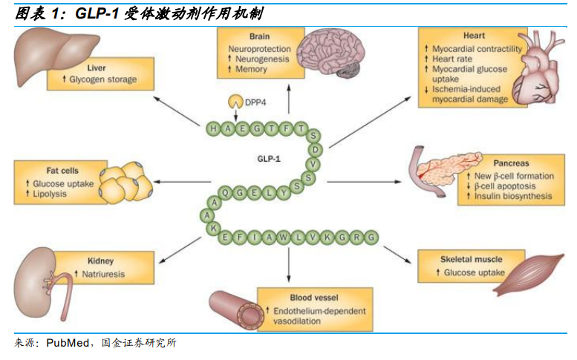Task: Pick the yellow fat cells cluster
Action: click(126, 182)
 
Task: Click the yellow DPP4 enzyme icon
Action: click(234, 101)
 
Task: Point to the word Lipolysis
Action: click(50, 194)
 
